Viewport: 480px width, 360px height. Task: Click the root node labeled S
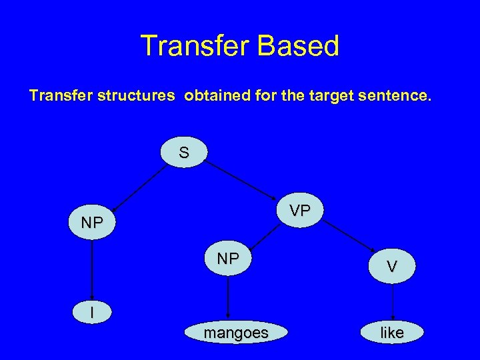tap(183, 153)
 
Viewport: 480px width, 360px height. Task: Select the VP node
tap(299, 211)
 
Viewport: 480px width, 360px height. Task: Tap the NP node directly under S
tap(92, 223)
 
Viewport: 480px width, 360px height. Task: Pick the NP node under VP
tap(228, 259)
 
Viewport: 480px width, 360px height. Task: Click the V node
tap(393, 266)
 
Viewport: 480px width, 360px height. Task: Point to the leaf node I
tap(92, 312)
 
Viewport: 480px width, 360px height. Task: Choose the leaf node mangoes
tap(236, 333)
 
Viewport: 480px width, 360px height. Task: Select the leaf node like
tap(392, 333)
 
